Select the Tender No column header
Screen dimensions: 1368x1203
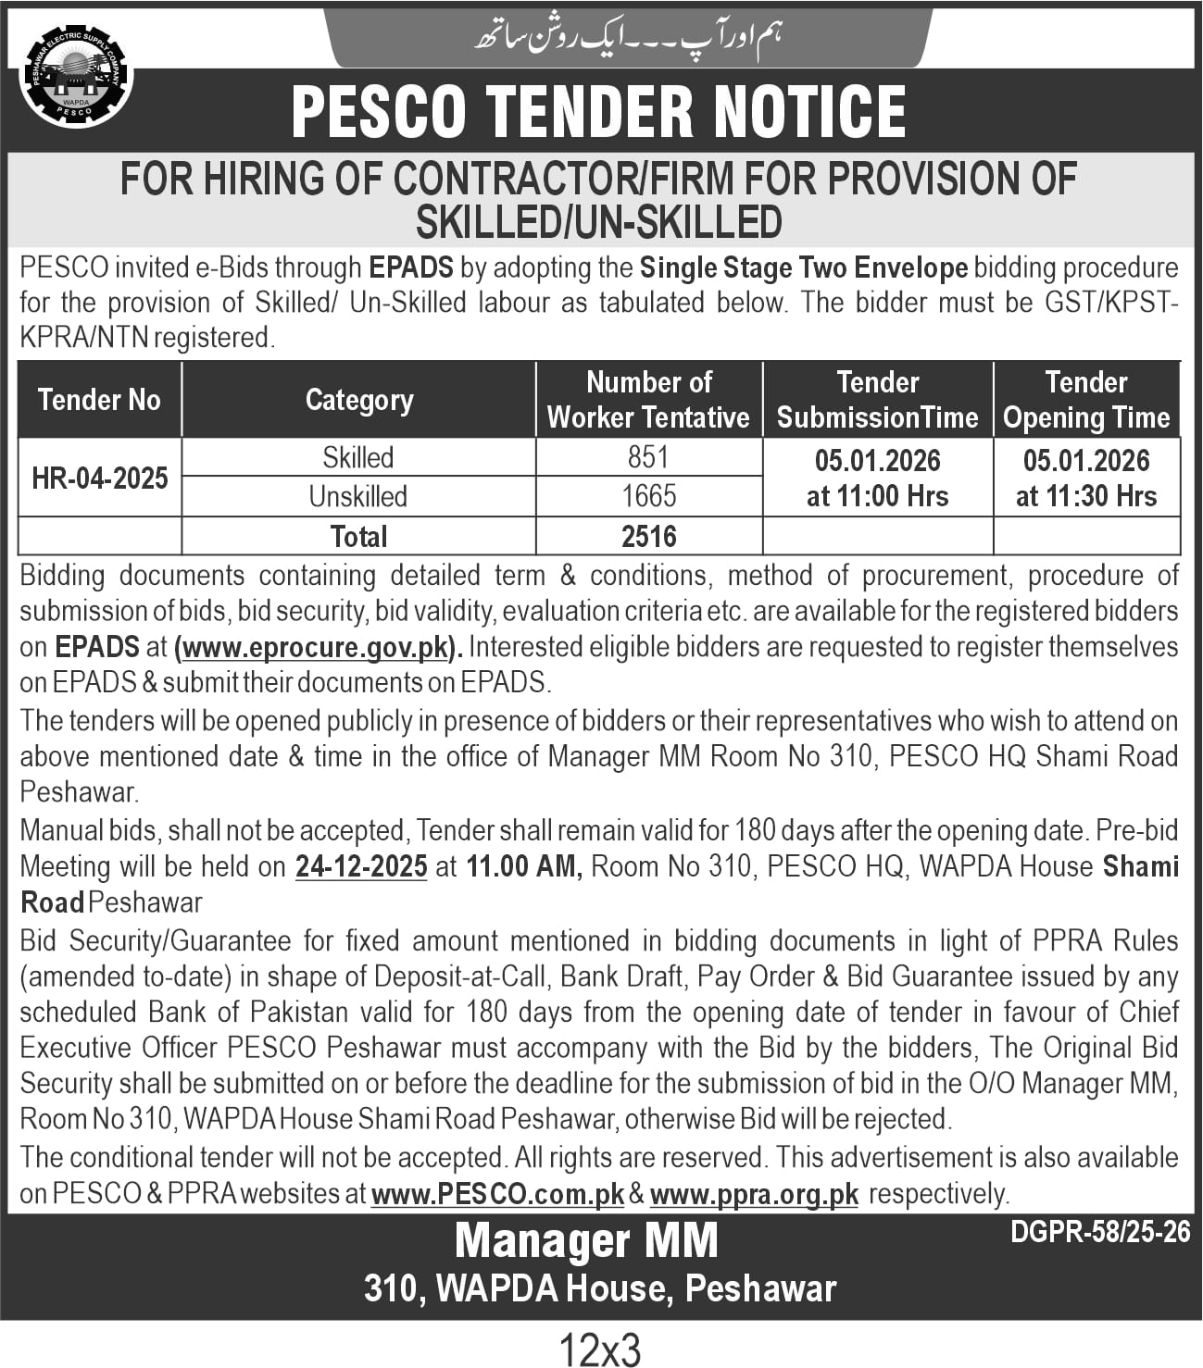pyautogui.click(x=99, y=400)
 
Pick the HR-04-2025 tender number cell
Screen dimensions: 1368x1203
pyautogui.click(x=100, y=478)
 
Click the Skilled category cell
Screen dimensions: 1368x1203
pyautogui.click(x=358, y=457)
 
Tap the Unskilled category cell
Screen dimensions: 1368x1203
pyautogui.click(x=358, y=496)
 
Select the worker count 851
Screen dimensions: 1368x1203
pyautogui.click(x=648, y=457)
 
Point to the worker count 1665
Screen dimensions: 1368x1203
pyautogui.click(x=648, y=496)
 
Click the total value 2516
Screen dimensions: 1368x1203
pyautogui.click(x=648, y=537)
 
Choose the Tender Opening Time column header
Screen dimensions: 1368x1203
pyautogui.click(x=1086, y=400)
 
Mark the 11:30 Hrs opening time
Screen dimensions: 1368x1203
pyautogui.click(x=1086, y=497)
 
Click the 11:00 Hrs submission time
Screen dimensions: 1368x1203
pyautogui.click(x=877, y=497)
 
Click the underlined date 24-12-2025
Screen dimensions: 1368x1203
pyautogui.click(x=361, y=867)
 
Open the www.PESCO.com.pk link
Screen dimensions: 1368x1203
pyautogui.click(x=497, y=1195)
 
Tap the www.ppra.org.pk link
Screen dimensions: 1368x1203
pyautogui.click(x=754, y=1195)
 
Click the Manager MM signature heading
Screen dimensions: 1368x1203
pyautogui.click(x=586, y=1241)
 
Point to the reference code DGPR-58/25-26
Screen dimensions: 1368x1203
pyautogui.click(x=1100, y=1232)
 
